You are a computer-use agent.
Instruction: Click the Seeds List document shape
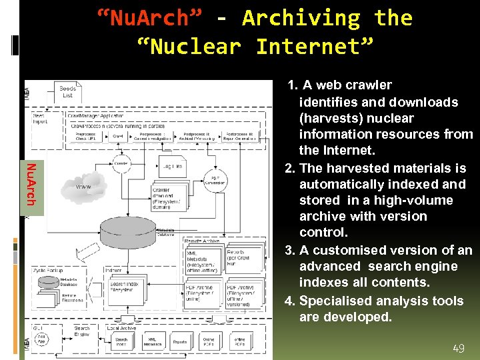(67, 91)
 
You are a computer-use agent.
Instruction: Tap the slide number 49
(458, 348)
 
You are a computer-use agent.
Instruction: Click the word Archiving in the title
(301, 19)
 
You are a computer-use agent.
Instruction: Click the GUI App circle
(41, 337)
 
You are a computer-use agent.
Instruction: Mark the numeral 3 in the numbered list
(290, 251)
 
